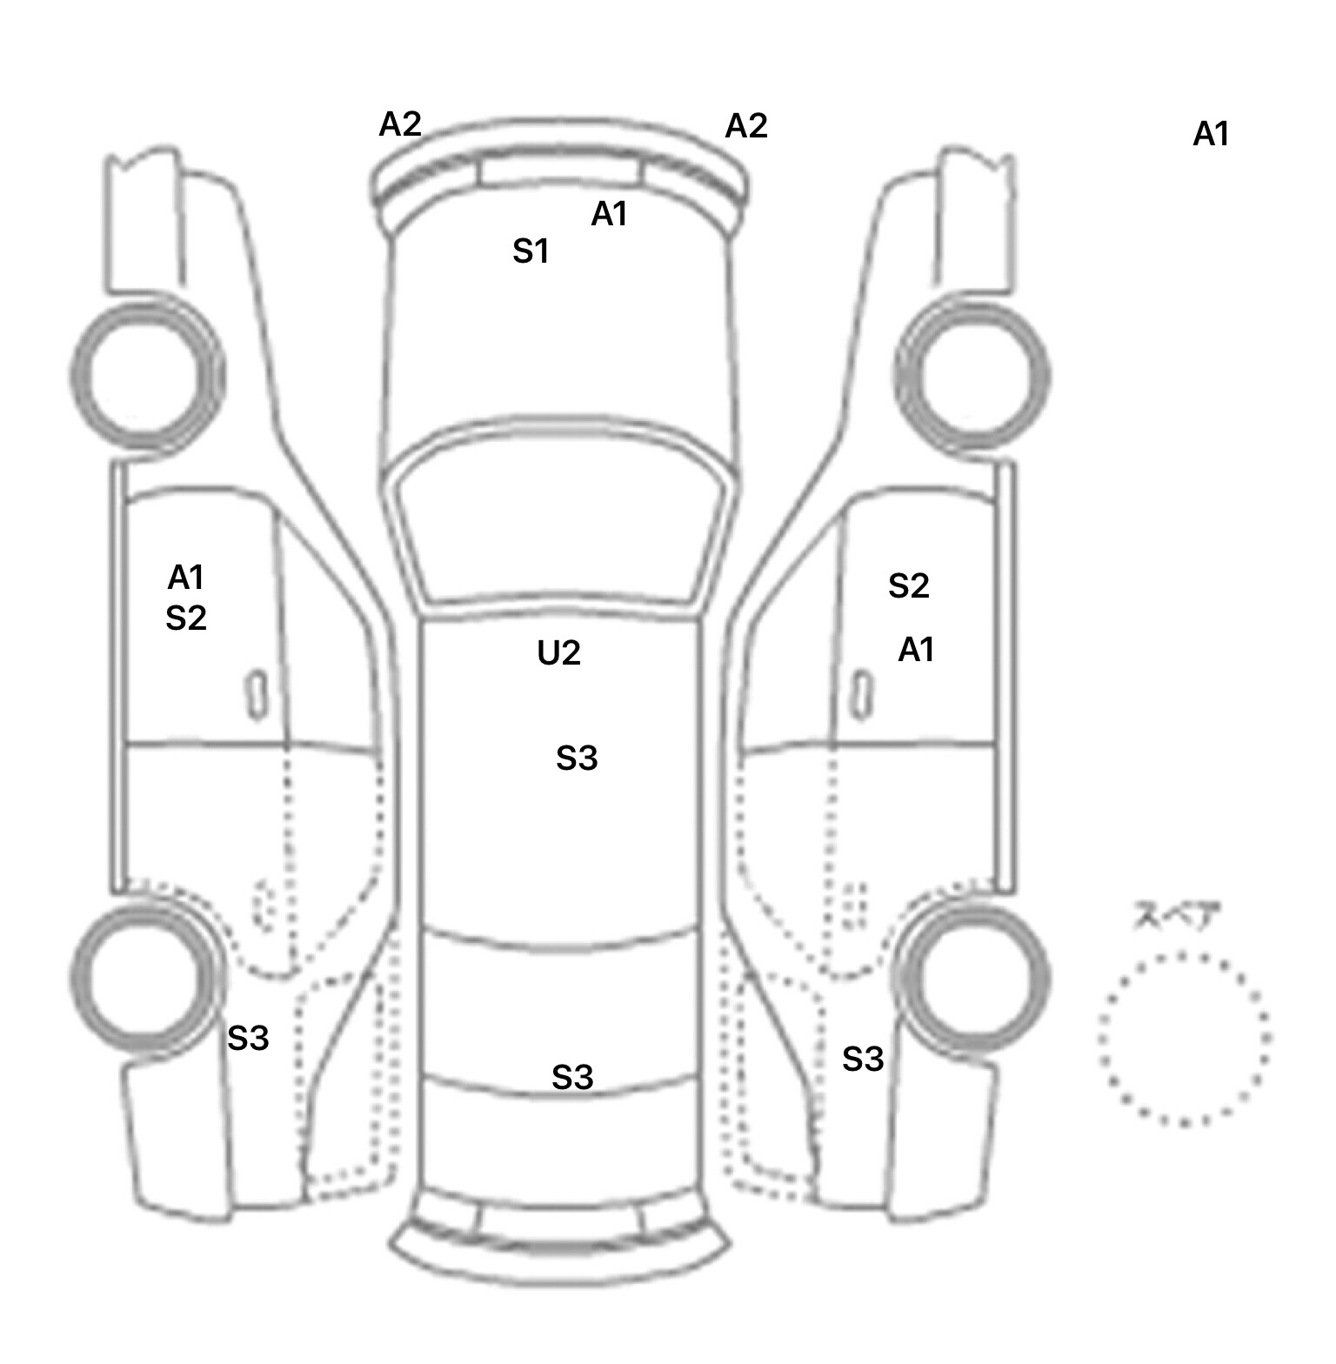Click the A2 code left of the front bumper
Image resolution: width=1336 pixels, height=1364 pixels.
[400, 124]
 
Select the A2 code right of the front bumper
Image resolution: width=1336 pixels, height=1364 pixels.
[746, 126]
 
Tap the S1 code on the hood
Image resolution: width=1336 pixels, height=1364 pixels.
[531, 251]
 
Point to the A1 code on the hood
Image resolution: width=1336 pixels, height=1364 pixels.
[609, 213]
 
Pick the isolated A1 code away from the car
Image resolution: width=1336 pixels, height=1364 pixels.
[1211, 134]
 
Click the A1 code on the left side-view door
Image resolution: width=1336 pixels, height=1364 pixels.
[185, 577]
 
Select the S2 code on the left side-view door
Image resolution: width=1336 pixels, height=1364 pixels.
[185, 618]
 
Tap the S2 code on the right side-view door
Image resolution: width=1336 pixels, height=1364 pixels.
[909, 586]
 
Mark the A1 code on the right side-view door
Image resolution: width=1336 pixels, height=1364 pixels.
[916, 649]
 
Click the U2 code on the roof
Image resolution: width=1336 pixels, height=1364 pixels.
[558, 652]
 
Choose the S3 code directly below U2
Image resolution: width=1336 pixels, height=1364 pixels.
[577, 759]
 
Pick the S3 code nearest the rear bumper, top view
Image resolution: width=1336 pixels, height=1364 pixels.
[572, 1078]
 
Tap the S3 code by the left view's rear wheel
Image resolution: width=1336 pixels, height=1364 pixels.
[248, 1038]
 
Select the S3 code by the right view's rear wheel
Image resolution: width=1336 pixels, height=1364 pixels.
[863, 1059]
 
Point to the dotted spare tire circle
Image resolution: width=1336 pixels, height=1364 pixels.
[1184, 1038]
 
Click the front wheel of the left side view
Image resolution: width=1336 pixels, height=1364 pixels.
[145, 374]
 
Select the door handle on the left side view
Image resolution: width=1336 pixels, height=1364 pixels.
[256, 694]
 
